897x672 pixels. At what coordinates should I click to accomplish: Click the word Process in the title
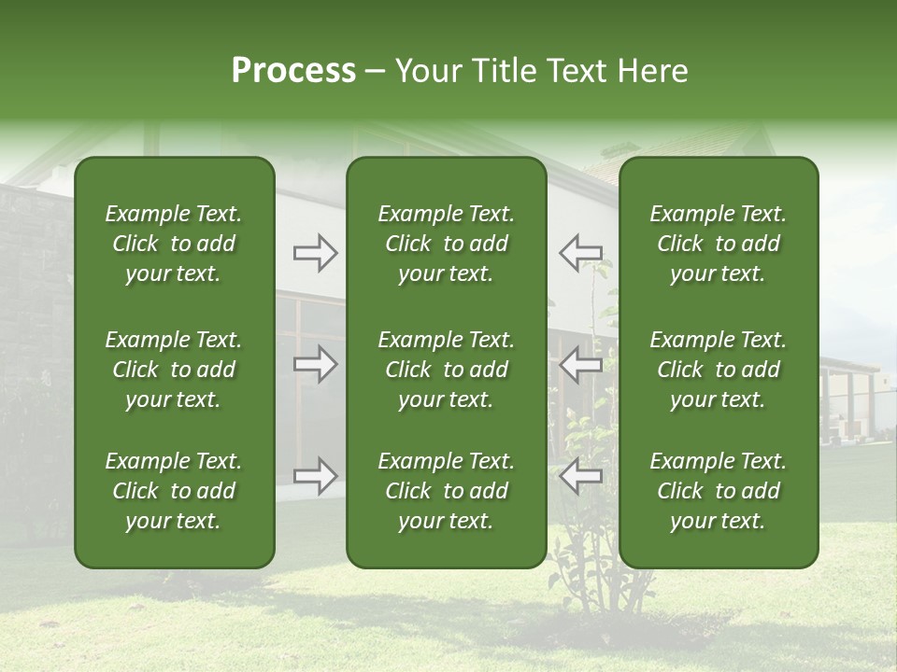click(293, 71)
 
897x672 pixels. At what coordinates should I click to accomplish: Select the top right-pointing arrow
click(315, 253)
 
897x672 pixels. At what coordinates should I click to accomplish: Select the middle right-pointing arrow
click(315, 364)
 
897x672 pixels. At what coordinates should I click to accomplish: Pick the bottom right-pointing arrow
click(315, 476)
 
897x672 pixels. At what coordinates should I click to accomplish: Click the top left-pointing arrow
click(580, 252)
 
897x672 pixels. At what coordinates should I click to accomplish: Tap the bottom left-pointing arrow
click(580, 476)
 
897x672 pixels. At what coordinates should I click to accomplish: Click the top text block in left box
click(174, 244)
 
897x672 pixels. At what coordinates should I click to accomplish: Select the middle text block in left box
click(174, 370)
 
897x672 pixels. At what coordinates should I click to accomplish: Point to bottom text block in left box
click(174, 491)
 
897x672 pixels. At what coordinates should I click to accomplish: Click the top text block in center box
click(446, 244)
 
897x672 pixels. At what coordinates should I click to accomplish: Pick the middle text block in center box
click(446, 370)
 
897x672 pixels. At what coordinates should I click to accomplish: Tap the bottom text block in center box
click(446, 491)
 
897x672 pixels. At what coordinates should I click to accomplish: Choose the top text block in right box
click(718, 244)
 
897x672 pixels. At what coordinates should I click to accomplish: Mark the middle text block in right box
click(718, 370)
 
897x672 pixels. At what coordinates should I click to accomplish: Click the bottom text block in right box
click(718, 491)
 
